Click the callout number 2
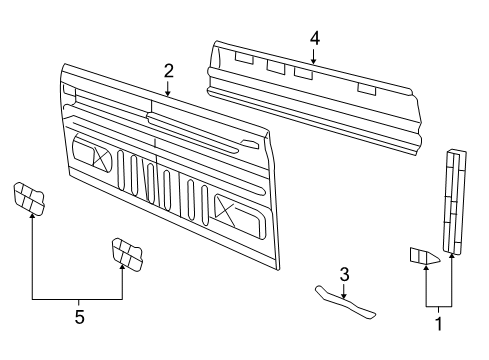[x=169, y=71]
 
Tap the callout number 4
[x=315, y=38]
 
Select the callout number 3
[x=344, y=274]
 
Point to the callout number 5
[x=79, y=317]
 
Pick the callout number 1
[x=439, y=324]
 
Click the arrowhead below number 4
[x=313, y=61]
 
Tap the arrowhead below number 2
[x=168, y=93]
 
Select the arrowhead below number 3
[x=344, y=295]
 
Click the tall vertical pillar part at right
[x=455, y=202]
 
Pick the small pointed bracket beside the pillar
[x=424, y=256]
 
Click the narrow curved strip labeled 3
[x=345, y=302]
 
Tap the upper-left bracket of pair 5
[x=29, y=199]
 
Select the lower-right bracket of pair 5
[x=127, y=254]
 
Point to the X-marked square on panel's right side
[x=224, y=208]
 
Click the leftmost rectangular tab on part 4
[x=244, y=58]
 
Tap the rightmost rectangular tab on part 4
[x=367, y=89]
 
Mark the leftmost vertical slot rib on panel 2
[x=121, y=170]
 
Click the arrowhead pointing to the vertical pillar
[x=452, y=256]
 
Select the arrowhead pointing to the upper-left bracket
[x=32, y=217]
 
